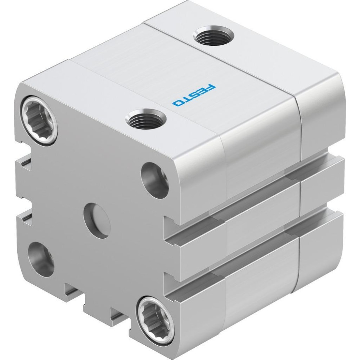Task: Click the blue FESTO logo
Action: pyautogui.click(x=194, y=95)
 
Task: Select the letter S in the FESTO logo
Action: pyautogui.click(x=195, y=95)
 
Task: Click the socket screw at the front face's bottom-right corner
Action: pyautogui.click(x=157, y=318)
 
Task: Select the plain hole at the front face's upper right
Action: pyautogui.click(x=155, y=180)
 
